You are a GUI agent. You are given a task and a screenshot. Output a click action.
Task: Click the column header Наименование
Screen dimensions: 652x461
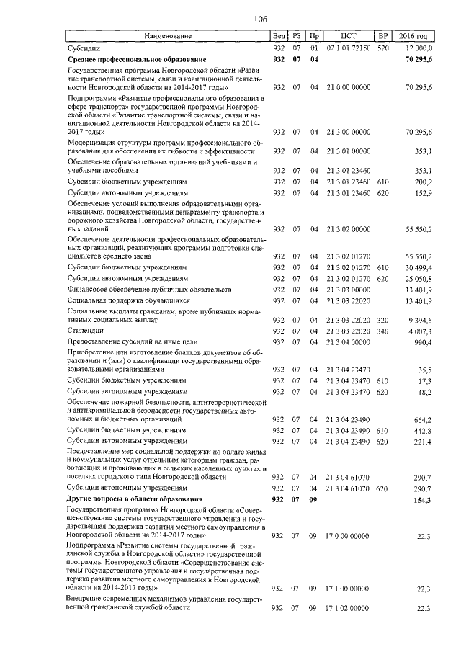click(x=167, y=35)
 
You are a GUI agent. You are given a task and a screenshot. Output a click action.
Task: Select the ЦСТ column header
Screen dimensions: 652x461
click(x=348, y=35)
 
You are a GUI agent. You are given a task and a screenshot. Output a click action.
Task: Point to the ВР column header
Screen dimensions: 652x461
click(x=383, y=35)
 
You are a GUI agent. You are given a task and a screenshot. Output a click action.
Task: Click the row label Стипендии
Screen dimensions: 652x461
click(x=84, y=330)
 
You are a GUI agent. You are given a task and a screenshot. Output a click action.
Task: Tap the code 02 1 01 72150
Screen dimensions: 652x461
click(x=349, y=47)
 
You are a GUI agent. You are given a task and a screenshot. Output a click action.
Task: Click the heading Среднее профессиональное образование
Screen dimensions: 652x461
click(x=137, y=59)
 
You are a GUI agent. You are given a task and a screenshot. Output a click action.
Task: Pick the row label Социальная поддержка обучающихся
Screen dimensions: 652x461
click(x=127, y=299)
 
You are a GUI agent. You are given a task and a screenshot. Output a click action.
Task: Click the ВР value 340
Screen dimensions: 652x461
click(x=382, y=330)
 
